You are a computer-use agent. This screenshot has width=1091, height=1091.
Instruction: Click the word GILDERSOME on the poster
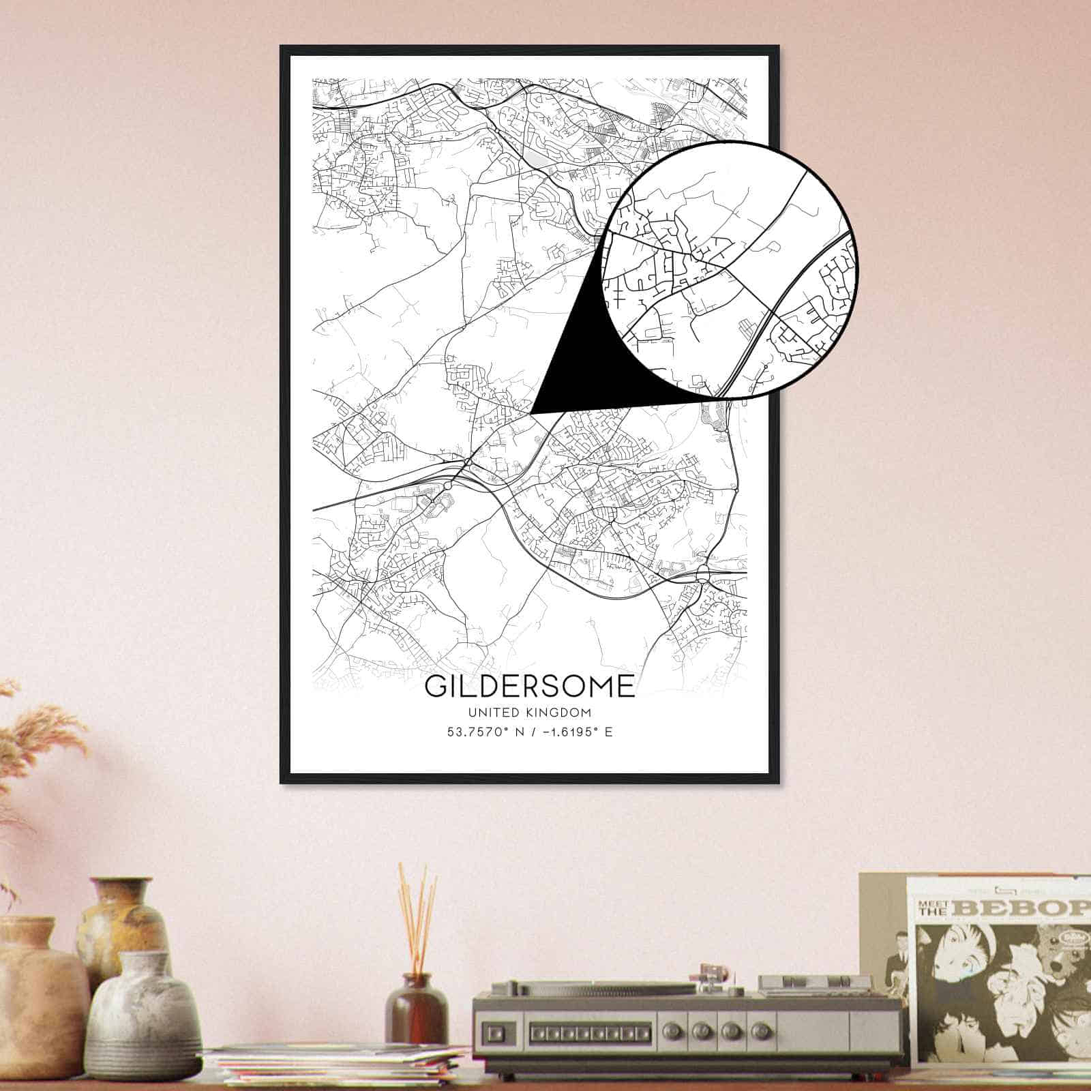click(529, 686)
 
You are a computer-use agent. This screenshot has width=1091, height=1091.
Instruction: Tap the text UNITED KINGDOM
click(529, 713)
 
